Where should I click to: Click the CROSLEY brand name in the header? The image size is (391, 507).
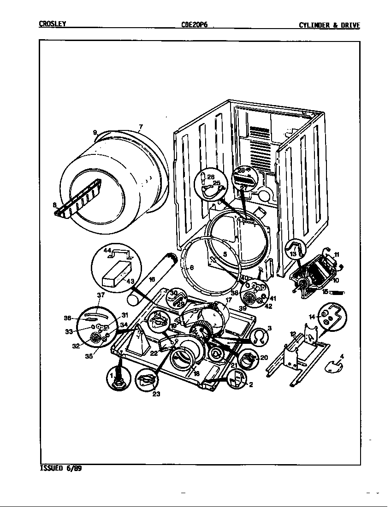click(x=52, y=25)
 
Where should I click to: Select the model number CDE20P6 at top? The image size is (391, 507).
click(x=195, y=25)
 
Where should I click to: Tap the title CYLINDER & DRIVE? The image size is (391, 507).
click(x=329, y=25)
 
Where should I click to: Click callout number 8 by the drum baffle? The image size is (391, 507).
click(x=54, y=206)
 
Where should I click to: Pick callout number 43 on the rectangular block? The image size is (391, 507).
click(x=130, y=281)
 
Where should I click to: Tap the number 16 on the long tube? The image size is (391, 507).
click(x=152, y=280)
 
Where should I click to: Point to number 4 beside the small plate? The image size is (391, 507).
click(x=342, y=356)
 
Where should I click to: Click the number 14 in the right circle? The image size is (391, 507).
click(x=311, y=317)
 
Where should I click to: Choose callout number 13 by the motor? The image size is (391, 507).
click(x=293, y=254)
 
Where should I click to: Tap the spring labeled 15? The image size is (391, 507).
click(x=335, y=292)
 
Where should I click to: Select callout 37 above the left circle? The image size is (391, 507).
click(x=101, y=295)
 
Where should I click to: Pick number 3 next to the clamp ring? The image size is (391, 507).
click(x=269, y=328)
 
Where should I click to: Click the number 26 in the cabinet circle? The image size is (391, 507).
click(x=211, y=177)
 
